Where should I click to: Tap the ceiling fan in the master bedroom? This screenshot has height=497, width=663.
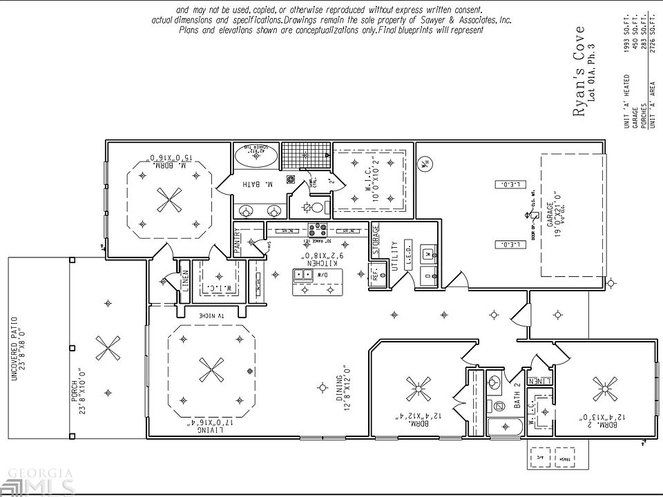pyautogui.click(x=169, y=201)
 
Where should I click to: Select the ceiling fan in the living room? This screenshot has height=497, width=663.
pyautogui.click(x=209, y=371)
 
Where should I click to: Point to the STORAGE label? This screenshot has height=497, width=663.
pyautogui.click(x=376, y=240)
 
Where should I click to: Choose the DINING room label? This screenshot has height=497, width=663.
pyautogui.click(x=340, y=392)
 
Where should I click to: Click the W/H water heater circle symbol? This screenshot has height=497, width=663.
pyautogui.click(x=425, y=164)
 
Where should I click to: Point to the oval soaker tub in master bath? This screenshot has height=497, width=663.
pyautogui.click(x=256, y=156)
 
